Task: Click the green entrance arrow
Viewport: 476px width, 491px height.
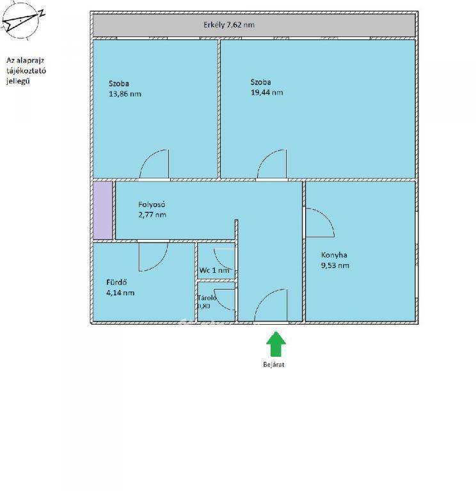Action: coord(276,344)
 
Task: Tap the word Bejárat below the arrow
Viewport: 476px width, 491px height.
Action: coord(274,364)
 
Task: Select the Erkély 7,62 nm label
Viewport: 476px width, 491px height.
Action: coord(229,25)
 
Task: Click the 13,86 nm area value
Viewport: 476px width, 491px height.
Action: coord(125,93)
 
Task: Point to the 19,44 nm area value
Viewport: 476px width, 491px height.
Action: coord(267,92)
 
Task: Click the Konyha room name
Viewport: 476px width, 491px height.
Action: coord(334,255)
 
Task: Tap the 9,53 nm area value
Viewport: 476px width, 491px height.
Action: coord(335,265)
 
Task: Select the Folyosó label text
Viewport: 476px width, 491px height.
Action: coord(152,205)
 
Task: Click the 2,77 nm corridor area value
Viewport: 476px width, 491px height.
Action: coord(152,215)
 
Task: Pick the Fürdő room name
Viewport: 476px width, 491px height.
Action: coord(116,282)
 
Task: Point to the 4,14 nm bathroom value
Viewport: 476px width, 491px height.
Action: coord(120,293)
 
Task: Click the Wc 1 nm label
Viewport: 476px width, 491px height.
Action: coord(214,270)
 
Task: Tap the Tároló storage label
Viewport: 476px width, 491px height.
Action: coord(207,298)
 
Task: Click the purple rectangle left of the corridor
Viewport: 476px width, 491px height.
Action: coord(103,210)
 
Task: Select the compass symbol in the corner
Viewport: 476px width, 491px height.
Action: coord(21,21)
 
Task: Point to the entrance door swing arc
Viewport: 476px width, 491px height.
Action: coord(263,297)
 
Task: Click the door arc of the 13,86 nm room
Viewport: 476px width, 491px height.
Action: coord(147,159)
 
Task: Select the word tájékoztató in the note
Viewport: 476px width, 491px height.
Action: coord(26,71)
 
